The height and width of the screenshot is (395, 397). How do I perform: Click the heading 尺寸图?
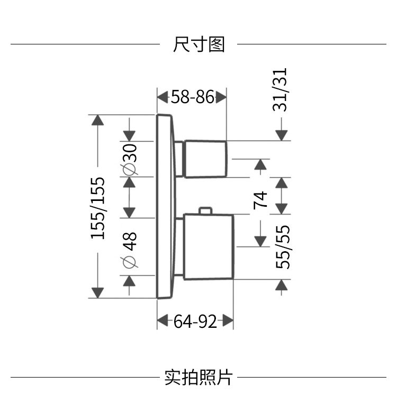(x=198, y=44)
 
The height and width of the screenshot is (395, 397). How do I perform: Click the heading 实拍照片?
(x=198, y=377)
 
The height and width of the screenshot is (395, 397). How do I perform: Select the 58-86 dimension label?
(x=192, y=97)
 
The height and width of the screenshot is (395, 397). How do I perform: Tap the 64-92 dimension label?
(x=195, y=320)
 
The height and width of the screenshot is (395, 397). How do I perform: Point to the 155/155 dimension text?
(x=98, y=207)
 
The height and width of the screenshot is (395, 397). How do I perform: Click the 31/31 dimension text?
(x=282, y=89)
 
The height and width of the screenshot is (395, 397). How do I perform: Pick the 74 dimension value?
(x=260, y=199)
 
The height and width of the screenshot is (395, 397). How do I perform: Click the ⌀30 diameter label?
(x=130, y=159)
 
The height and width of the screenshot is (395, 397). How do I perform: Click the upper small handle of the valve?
(x=206, y=159)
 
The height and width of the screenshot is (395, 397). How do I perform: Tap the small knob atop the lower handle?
(x=205, y=211)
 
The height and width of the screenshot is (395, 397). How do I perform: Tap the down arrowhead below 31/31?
(x=282, y=135)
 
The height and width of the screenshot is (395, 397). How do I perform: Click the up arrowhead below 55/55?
(x=282, y=286)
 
